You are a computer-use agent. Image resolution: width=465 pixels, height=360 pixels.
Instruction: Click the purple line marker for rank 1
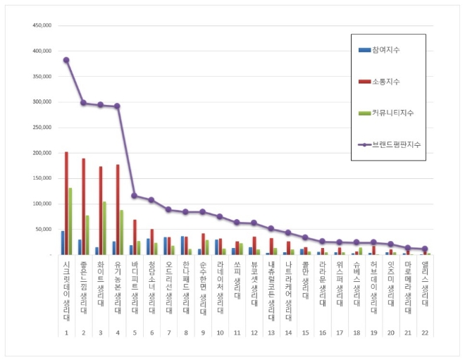tap(66, 60)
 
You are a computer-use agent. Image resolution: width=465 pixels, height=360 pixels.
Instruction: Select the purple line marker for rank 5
tap(135, 196)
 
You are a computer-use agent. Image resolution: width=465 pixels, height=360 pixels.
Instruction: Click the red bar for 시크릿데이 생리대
tap(66, 203)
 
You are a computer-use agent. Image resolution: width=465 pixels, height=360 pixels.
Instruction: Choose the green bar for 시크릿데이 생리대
tap(70, 221)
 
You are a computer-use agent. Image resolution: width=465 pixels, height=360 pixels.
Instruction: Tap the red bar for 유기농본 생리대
tap(118, 210)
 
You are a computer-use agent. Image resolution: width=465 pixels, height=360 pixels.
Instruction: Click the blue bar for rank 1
tap(62, 242)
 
